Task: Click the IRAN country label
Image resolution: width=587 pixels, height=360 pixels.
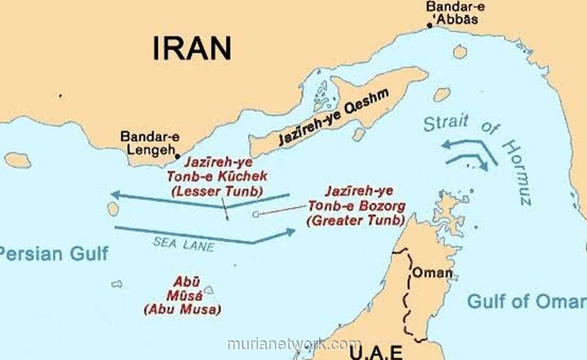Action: point(192,48)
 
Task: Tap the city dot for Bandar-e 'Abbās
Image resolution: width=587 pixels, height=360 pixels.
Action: point(429,25)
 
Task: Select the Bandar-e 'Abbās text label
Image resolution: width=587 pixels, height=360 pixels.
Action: point(452,13)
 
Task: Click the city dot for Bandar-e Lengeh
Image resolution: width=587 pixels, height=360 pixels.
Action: point(177,157)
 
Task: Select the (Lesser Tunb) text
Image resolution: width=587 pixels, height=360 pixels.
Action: point(216,191)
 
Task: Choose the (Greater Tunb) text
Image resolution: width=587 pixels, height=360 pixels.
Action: point(356,220)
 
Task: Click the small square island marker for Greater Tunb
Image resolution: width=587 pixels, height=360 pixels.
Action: point(255,214)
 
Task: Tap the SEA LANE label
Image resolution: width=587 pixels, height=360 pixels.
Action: point(183,243)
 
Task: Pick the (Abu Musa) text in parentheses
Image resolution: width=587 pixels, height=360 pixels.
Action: point(182,310)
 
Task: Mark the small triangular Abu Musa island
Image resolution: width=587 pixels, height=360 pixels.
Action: point(209,290)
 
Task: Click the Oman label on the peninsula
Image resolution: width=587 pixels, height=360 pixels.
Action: point(432,272)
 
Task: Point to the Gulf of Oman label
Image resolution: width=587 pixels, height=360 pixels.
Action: point(526,301)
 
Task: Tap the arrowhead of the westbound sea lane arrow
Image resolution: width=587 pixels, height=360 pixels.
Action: point(115,195)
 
